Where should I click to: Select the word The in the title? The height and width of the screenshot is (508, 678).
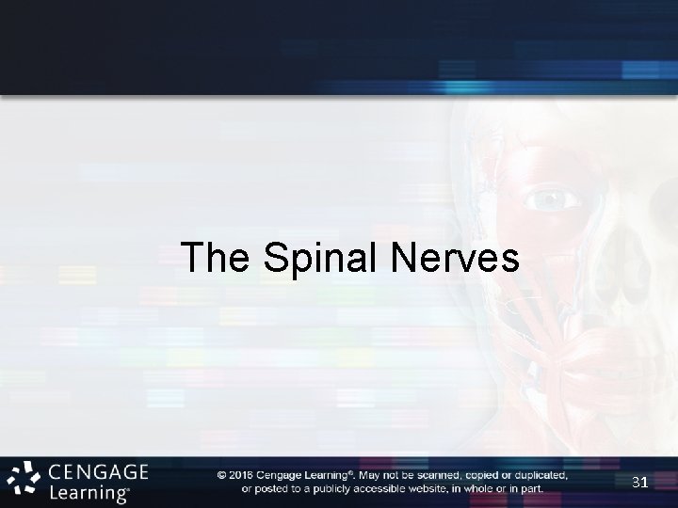(218, 257)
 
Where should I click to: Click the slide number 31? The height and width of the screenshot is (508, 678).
(640, 483)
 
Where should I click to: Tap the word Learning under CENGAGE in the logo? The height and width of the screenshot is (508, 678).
(89, 491)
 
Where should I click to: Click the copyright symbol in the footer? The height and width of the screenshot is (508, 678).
(221, 475)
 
